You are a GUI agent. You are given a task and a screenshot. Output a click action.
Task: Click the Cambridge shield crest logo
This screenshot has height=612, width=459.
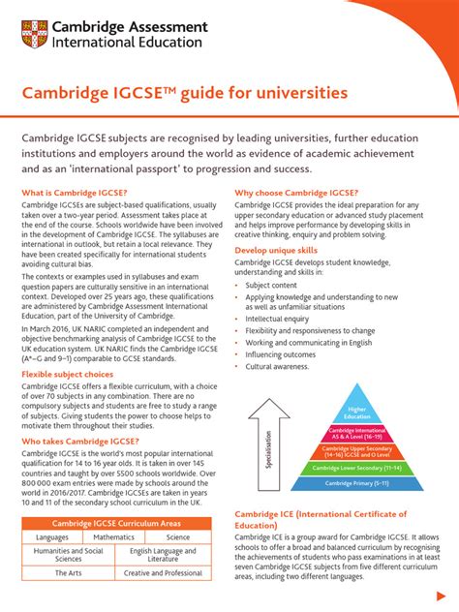(x=36, y=36)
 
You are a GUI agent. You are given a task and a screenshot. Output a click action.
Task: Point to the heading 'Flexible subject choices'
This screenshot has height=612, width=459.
(x=68, y=373)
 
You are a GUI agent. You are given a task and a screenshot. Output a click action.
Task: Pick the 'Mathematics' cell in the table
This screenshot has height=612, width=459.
(x=113, y=537)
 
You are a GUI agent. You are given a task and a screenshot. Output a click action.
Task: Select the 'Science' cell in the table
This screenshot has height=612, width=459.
(x=178, y=537)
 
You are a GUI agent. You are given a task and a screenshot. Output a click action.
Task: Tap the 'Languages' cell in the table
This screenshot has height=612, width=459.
(x=52, y=537)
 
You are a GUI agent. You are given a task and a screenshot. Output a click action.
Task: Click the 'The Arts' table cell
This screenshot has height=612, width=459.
(x=68, y=573)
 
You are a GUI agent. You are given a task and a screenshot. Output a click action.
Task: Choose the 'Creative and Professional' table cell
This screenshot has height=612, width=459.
(x=163, y=573)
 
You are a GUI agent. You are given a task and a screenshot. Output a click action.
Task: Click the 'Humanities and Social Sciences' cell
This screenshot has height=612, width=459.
(x=68, y=555)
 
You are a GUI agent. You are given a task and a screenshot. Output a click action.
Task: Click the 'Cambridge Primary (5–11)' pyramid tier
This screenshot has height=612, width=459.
(x=357, y=482)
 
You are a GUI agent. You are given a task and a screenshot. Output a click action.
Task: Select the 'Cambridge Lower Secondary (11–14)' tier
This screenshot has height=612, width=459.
(x=357, y=467)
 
